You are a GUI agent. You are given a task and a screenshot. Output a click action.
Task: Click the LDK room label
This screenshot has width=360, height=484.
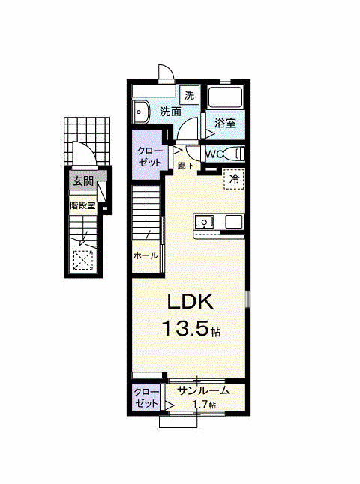click(x=190, y=302)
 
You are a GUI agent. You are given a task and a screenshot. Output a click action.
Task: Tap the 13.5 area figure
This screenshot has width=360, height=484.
click(x=185, y=328)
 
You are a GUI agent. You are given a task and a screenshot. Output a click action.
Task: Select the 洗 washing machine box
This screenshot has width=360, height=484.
click(x=189, y=95)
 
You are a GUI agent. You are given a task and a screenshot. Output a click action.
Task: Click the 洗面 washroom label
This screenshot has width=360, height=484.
click(x=170, y=112)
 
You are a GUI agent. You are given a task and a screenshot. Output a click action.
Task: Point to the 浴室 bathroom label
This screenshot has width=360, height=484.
click(x=225, y=123)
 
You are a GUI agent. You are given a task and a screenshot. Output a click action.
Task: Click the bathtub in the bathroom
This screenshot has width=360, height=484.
click(x=225, y=97)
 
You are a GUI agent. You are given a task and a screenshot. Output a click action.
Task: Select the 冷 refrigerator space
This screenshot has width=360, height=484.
click(x=234, y=179)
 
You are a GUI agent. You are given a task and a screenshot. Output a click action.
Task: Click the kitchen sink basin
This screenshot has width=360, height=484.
click(x=203, y=222)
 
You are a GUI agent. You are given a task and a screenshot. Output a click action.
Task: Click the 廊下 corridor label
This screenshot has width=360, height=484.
click(x=185, y=166)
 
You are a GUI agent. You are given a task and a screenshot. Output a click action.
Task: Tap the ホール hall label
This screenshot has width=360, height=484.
click(x=145, y=255)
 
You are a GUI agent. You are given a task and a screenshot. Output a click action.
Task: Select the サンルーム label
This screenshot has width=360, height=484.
click(x=204, y=391)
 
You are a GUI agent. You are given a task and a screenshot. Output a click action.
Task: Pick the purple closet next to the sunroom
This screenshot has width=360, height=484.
click(x=145, y=397)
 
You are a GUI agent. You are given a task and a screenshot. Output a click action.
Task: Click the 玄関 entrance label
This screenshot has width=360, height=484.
click(x=83, y=181)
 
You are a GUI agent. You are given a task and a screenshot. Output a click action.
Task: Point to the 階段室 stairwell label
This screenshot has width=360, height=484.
click(x=82, y=205)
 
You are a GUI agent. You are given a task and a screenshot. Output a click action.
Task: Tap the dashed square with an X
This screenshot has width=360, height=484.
click(x=83, y=260)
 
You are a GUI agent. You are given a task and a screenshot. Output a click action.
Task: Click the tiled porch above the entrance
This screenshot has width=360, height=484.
click(x=87, y=141)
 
